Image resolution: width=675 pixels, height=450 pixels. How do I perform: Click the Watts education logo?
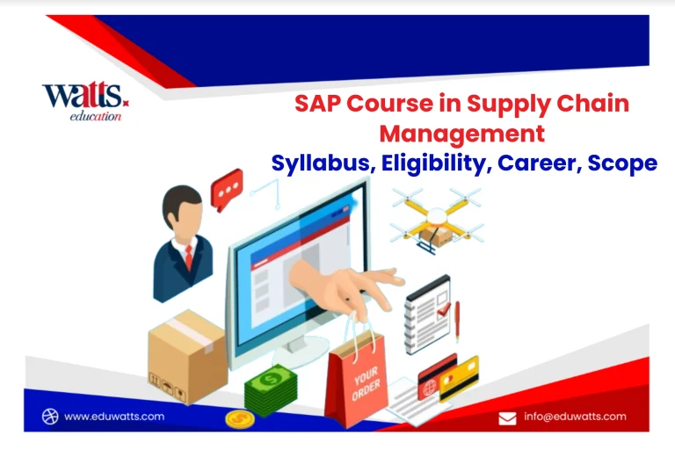point(85,102)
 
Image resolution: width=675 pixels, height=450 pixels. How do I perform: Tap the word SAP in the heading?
point(317,104)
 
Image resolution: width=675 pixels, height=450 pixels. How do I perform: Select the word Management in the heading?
point(462,134)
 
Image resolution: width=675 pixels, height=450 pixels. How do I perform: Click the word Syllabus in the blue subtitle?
point(320,163)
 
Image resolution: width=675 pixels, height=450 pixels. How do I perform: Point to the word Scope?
point(622,163)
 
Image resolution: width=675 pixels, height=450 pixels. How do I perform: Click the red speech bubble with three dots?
point(227,189)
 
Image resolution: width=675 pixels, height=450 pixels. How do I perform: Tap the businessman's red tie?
point(189,257)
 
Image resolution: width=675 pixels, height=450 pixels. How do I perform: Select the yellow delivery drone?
point(437,220)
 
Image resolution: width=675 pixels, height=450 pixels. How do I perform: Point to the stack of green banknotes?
point(271,390)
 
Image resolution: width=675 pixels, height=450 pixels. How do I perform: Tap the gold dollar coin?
point(240,419)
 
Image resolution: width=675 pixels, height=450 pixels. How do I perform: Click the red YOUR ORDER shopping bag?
point(357,379)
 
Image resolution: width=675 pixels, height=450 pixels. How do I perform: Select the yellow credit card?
point(459,379)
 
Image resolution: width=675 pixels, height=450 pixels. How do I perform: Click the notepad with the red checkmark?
point(427,315)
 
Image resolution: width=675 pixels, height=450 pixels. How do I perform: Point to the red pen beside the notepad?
point(457,321)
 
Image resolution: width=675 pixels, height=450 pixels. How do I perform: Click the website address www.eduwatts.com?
point(114,417)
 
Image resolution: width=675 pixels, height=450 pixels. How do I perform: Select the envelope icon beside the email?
point(507,418)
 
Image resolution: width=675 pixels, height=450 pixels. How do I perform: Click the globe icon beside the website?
point(50,417)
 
